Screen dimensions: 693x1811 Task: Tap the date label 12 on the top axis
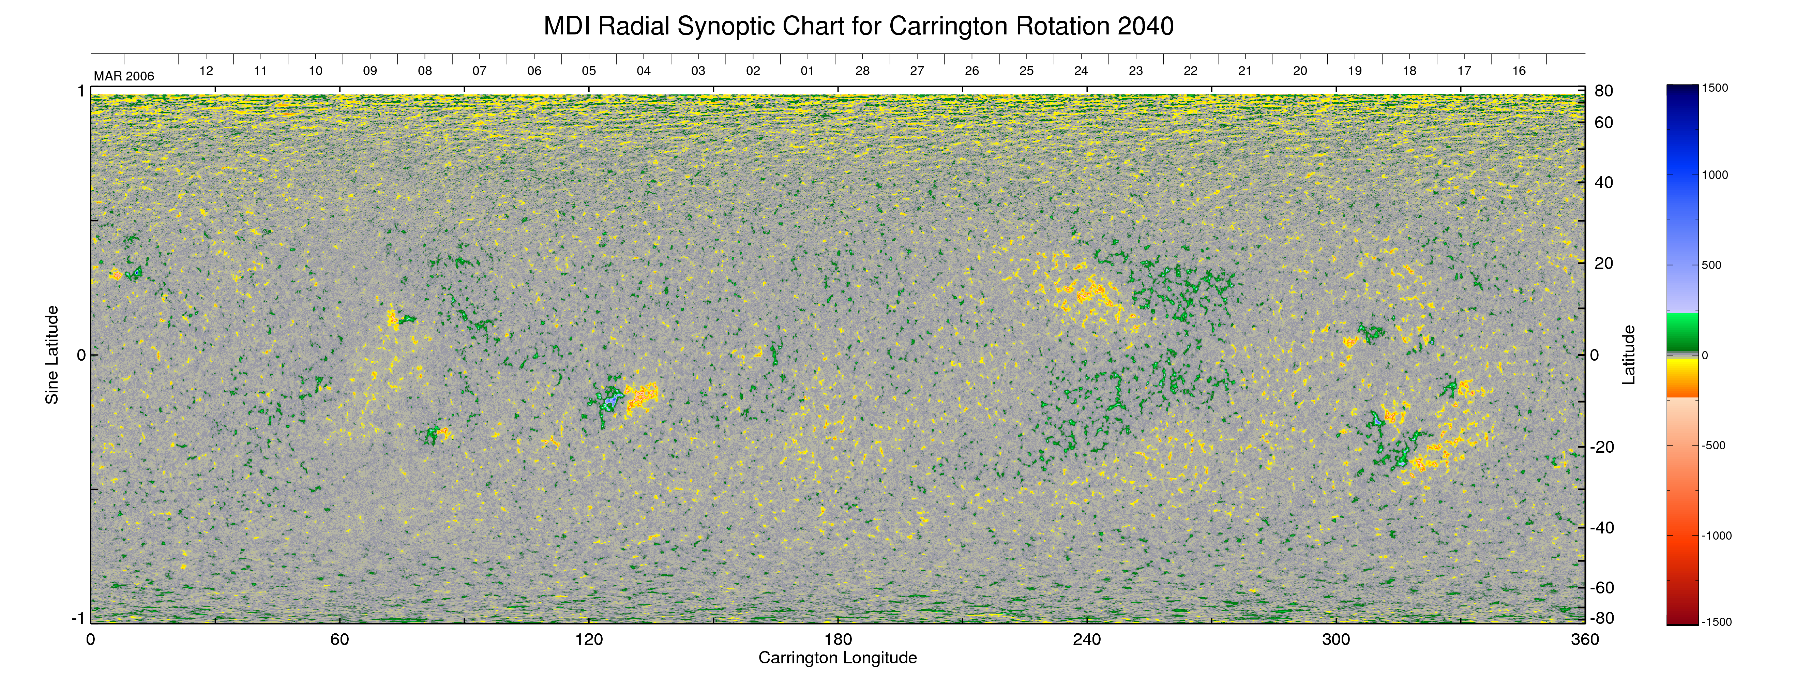[206, 71]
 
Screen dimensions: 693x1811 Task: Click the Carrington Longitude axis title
[837, 658]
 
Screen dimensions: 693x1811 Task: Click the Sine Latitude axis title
[52, 355]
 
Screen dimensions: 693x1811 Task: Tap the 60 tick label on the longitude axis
[339, 639]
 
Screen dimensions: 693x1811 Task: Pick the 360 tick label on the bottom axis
[1585, 639]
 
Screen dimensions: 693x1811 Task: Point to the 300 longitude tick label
[1336, 639]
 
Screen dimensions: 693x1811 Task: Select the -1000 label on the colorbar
[1716, 536]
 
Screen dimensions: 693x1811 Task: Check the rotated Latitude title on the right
[1628, 355]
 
